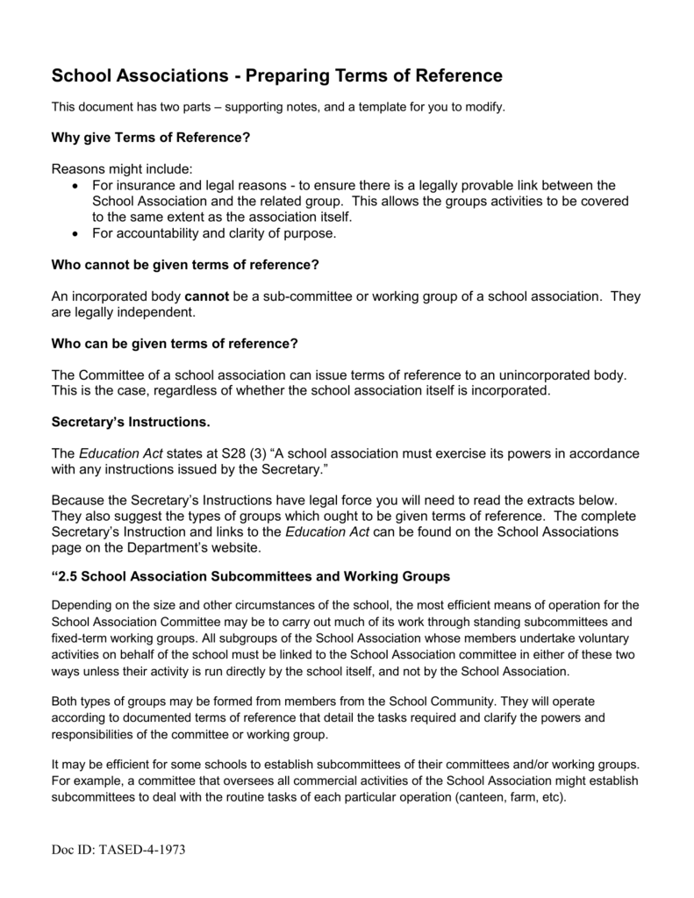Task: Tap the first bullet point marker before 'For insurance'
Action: point(73,186)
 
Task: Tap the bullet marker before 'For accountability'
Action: point(73,234)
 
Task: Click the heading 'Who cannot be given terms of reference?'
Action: point(184,265)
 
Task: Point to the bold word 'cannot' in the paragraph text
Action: point(207,296)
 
